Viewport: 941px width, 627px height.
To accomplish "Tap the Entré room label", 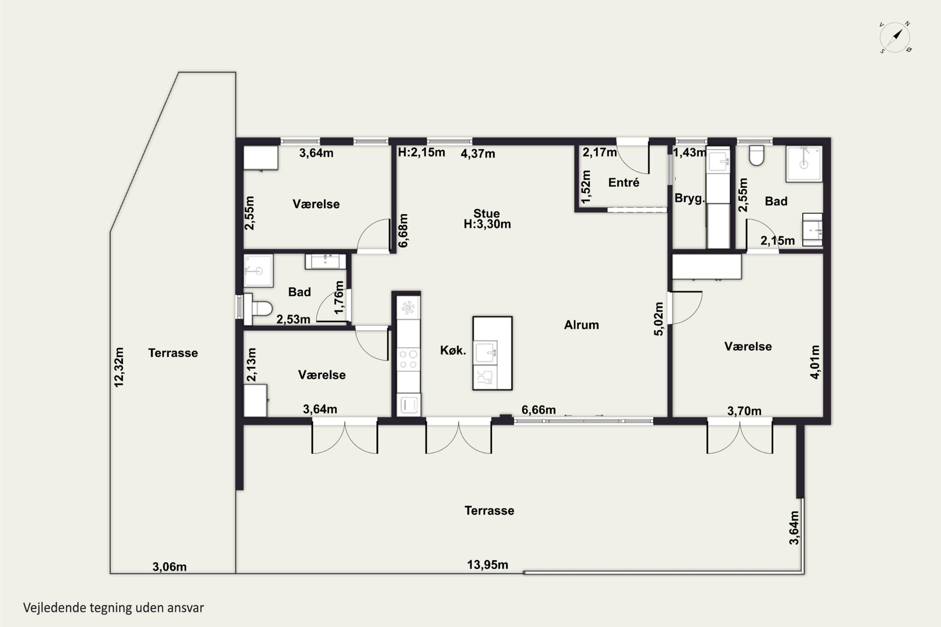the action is point(624,183).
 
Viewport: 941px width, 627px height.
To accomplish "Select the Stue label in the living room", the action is point(486,213).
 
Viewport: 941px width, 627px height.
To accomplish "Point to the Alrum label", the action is point(581,325).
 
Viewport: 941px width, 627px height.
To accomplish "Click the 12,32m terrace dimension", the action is point(119,367).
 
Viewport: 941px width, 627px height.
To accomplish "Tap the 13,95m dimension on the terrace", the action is point(488,565).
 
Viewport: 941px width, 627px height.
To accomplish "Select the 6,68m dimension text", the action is point(403,231).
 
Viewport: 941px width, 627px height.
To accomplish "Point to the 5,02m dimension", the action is point(658,319).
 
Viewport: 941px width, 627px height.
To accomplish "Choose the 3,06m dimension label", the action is point(169,566).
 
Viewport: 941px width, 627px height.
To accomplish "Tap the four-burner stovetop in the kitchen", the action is point(408,359).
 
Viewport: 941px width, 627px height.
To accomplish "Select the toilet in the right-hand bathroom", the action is point(757,155).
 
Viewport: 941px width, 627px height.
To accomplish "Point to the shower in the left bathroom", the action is point(258,271).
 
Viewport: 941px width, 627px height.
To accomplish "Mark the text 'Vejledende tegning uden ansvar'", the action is point(114,608).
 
